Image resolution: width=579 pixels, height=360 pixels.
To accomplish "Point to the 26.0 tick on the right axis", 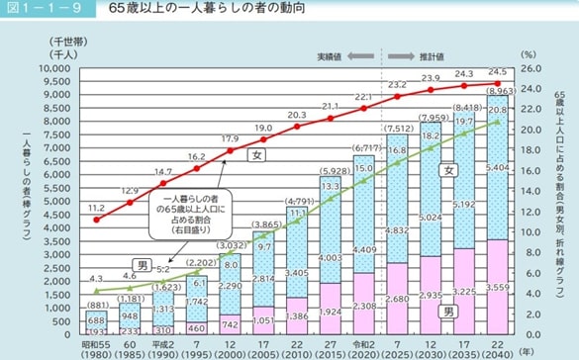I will point(530,69).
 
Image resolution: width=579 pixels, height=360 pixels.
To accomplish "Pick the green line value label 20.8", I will point(500,111).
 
